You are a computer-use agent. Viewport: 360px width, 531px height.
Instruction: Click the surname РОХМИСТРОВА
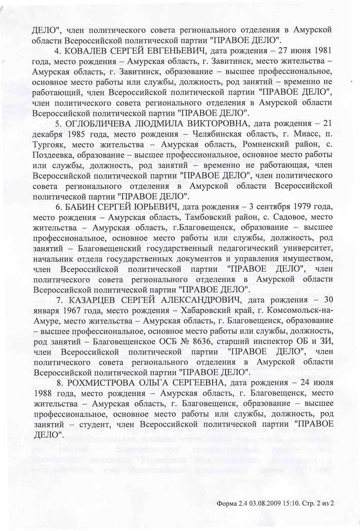tap(102, 383)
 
